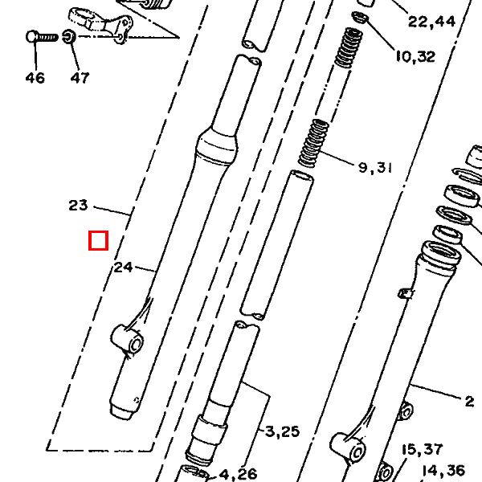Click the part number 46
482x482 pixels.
[35, 78]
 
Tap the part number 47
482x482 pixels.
[80, 78]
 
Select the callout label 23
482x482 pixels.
[78, 206]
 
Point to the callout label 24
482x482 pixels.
[123, 268]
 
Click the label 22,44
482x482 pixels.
[431, 22]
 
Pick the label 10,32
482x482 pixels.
[415, 56]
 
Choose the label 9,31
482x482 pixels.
[375, 168]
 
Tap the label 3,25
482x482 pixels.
[282, 431]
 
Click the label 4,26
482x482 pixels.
[239, 474]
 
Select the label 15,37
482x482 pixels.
[423, 449]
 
